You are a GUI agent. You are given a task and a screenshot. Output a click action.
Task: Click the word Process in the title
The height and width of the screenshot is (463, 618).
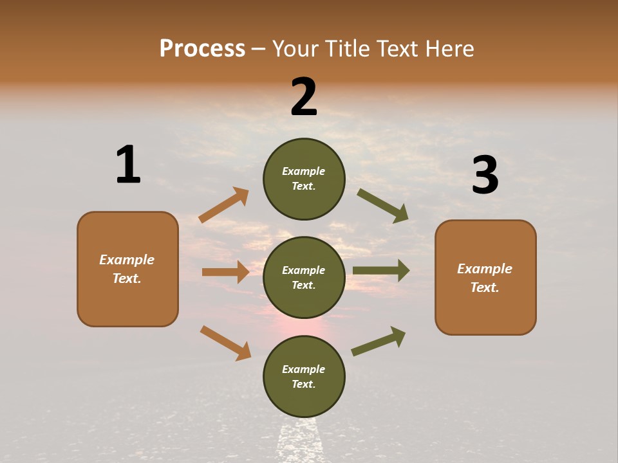[x=202, y=48]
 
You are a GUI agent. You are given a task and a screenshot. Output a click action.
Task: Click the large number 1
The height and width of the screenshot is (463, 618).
[x=128, y=165]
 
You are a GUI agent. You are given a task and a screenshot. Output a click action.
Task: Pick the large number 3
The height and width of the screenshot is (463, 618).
[x=485, y=176]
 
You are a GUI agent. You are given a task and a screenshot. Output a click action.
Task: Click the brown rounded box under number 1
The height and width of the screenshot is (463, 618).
[x=127, y=269]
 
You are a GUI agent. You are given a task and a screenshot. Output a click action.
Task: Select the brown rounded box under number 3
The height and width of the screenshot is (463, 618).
[x=485, y=278]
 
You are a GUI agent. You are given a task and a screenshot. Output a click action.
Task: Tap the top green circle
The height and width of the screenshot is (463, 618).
[x=304, y=179]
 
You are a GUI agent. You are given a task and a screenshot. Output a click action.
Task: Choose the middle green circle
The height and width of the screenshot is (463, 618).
[x=304, y=277]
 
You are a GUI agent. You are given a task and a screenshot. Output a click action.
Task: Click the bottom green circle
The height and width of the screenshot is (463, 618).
[x=304, y=376]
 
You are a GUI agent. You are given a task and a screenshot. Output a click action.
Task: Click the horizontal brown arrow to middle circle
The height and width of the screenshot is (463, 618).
[x=225, y=272]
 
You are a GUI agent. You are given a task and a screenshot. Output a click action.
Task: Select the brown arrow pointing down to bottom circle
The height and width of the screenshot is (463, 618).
[x=225, y=343]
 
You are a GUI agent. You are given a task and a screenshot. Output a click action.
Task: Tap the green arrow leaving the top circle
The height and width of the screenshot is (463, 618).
[x=383, y=205]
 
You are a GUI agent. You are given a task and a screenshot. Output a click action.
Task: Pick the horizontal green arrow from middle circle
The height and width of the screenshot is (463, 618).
[x=381, y=271]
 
